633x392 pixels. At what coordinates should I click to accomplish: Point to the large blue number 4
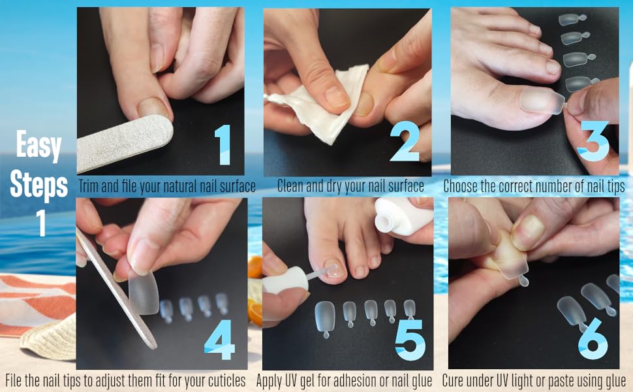point(219,340)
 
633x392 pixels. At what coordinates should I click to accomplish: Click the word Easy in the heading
point(39,147)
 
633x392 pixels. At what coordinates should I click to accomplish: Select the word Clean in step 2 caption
point(292,186)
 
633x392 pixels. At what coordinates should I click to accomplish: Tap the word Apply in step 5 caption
point(271,380)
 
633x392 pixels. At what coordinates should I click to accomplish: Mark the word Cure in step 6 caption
point(455,380)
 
